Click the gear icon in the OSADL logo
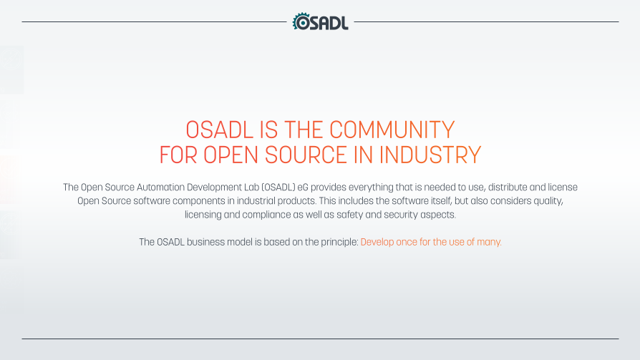point(301,21)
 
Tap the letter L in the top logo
point(344,23)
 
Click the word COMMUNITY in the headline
point(392,130)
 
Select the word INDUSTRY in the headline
point(430,155)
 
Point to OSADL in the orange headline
point(220,130)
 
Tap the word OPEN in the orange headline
point(231,155)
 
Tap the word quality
point(548,201)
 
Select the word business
point(205,242)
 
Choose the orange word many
point(489,243)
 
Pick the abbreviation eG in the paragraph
point(303,188)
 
